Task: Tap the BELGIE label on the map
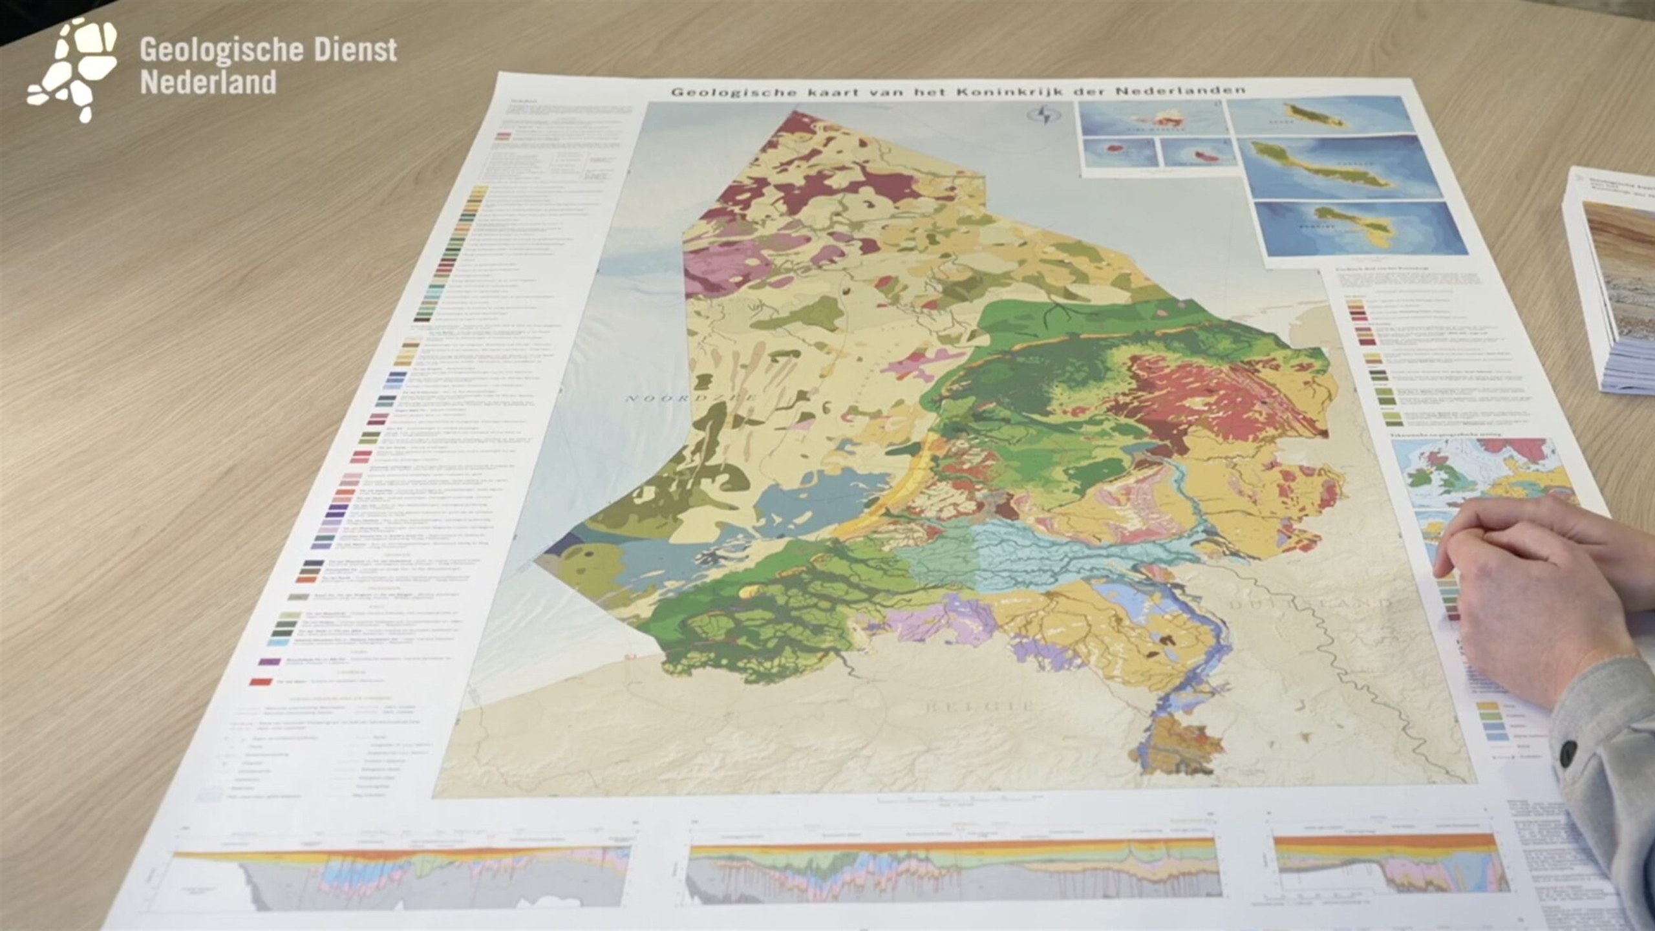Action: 980,706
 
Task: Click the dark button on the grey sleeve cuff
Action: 1568,752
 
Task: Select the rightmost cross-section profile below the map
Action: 1390,864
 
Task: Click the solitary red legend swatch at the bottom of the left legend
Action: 261,681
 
